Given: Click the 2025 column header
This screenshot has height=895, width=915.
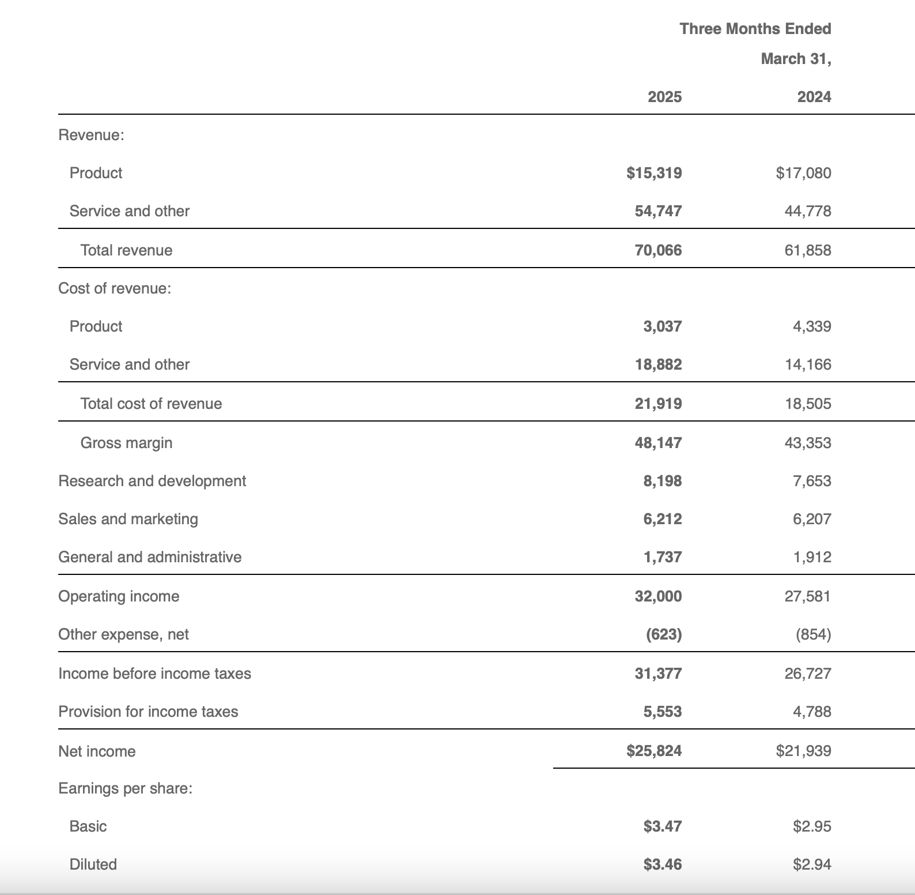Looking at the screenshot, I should tap(664, 97).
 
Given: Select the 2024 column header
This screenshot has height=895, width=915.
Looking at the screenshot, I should tap(814, 97).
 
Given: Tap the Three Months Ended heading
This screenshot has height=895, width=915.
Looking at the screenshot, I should tap(755, 29).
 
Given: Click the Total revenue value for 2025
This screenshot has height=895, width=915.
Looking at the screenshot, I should tap(658, 250).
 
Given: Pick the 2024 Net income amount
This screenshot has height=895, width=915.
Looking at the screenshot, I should tap(803, 751).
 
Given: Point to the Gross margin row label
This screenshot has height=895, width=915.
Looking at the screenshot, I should tap(126, 443).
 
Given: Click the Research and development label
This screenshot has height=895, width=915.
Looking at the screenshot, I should tap(152, 481).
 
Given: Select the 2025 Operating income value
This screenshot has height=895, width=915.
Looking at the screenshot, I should tap(658, 596).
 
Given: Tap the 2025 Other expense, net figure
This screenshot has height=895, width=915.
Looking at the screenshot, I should tap(663, 634).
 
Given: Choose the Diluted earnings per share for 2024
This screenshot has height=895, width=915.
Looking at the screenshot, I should tap(812, 864).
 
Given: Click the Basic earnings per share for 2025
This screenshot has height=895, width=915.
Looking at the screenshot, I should tap(663, 826).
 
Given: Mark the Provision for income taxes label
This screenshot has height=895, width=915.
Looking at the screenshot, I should tap(148, 712).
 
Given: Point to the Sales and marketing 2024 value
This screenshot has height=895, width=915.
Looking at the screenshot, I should tap(812, 519).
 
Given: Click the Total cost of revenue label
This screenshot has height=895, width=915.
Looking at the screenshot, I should tap(151, 404).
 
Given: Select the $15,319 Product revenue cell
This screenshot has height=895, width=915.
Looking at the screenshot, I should tap(654, 173).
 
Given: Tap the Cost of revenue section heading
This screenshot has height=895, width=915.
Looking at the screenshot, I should tap(115, 288).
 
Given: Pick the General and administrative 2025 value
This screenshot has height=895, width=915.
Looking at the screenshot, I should tap(663, 557).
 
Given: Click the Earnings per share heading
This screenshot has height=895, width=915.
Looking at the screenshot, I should tap(125, 788).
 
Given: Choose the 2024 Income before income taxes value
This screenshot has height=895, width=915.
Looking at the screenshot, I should tap(808, 674).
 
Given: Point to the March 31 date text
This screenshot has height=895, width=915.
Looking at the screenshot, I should tap(796, 59).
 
